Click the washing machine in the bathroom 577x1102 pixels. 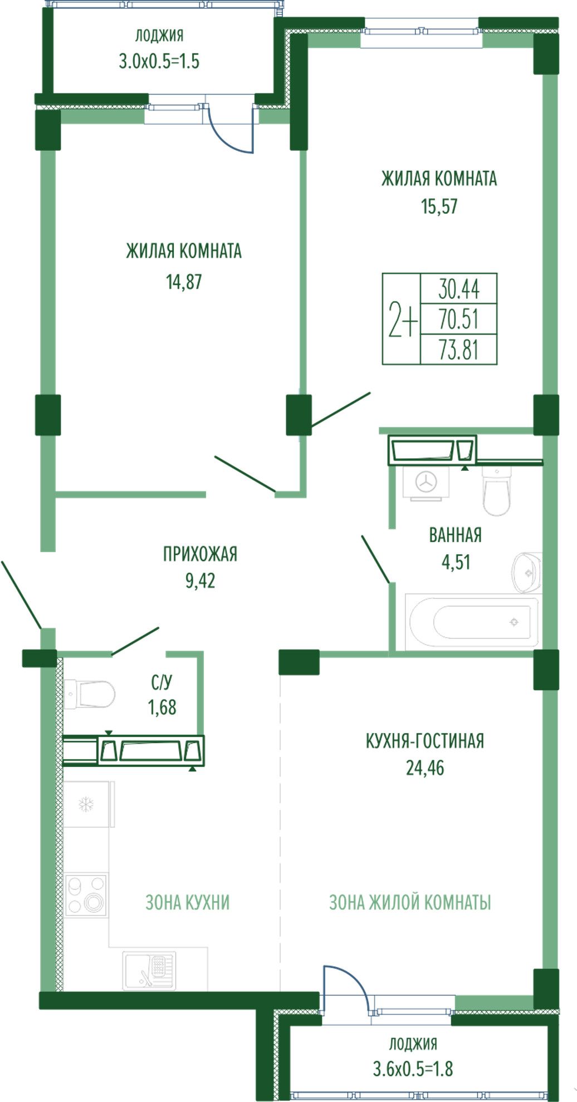pos(426,481)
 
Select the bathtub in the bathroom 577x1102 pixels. pos(472,622)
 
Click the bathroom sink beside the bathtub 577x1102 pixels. pos(526,572)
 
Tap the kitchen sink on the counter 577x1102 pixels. pos(149,971)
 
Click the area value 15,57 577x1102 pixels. pos(439,206)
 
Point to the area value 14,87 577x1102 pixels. pos(184,282)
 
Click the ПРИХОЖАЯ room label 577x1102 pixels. pos(200,554)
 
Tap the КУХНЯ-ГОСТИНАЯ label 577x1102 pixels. pos(425,741)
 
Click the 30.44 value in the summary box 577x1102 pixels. pos(459,289)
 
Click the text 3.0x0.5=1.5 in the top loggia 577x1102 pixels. pos(159,61)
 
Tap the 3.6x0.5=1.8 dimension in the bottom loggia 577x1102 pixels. pos(413,1068)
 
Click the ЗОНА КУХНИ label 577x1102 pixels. pos(188,902)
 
